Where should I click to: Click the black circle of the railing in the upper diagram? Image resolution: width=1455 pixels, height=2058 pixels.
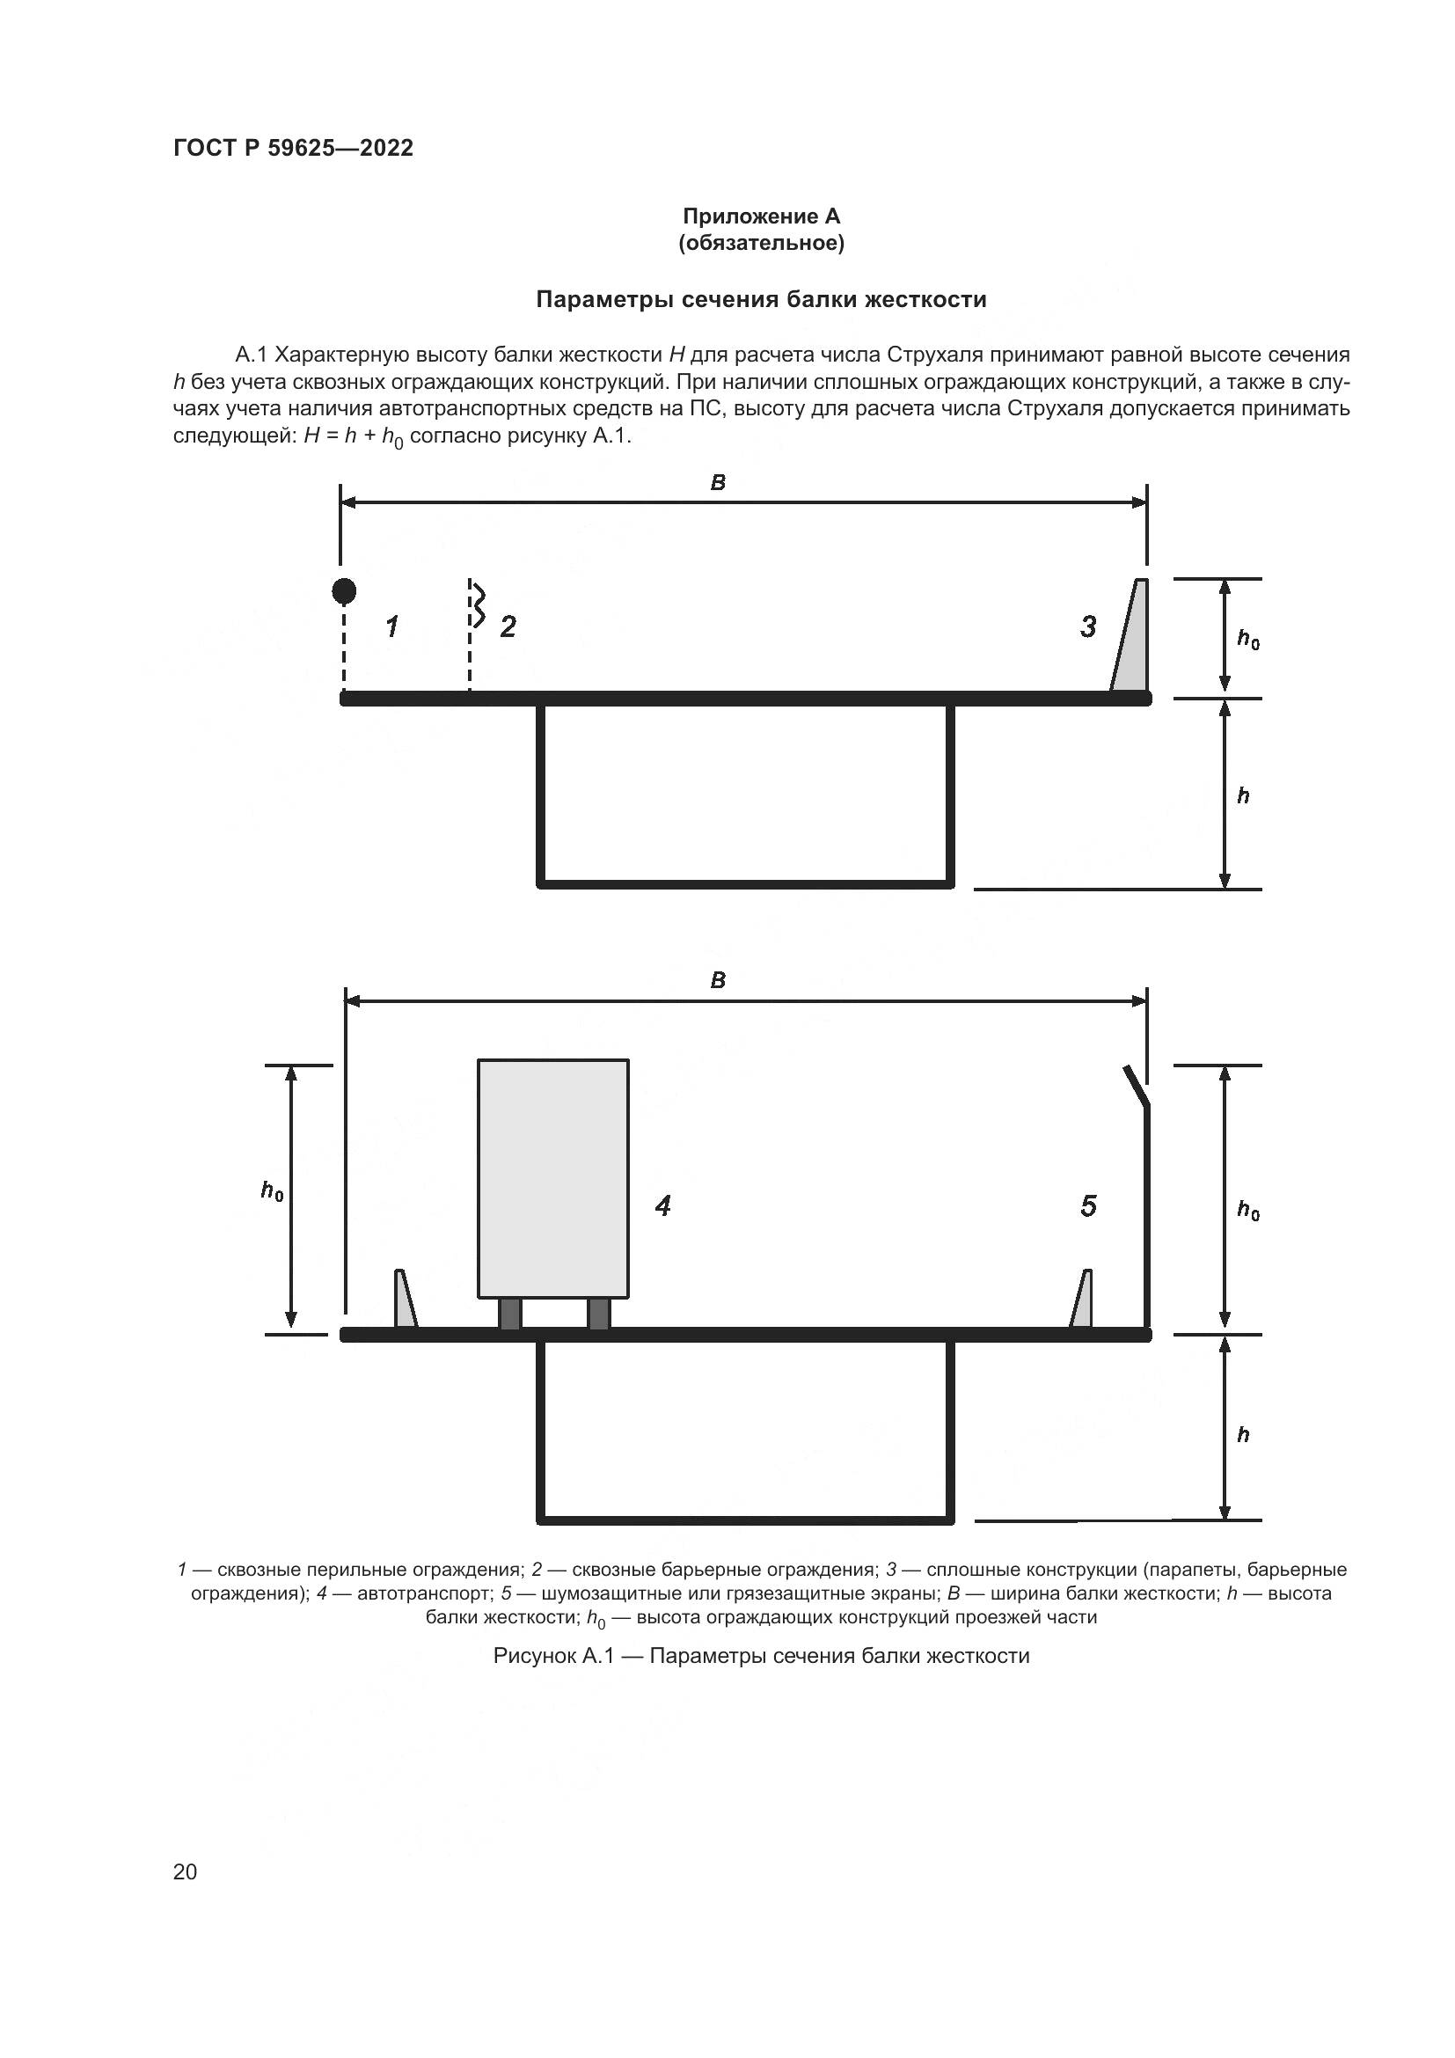pyautogui.click(x=344, y=590)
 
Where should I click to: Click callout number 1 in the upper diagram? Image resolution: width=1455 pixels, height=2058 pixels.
pyautogui.click(x=391, y=626)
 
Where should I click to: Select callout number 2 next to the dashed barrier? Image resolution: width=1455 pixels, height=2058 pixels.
pyautogui.click(x=508, y=626)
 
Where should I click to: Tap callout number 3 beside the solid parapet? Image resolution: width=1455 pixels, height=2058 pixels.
pyautogui.click(x=1087, y=626)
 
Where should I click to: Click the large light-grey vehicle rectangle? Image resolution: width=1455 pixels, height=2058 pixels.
pyautogui.click(x=552, y=1178)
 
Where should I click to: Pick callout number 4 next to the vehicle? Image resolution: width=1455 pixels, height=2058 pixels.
pyautogui.click(x=662, y=1206)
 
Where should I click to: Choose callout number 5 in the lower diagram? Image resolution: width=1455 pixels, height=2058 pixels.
pyautogui.click(x=1087, y=1206)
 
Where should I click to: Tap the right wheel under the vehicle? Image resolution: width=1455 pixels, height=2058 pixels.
pyautogui.click(x=598, y=1313)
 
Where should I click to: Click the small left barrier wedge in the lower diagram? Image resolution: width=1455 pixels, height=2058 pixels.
pyautogui.click(x=404, y=1301)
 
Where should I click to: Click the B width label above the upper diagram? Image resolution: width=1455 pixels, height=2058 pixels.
pyautogui.click(x=718, y=483)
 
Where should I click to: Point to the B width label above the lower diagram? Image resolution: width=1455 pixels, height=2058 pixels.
pyautogui.click(x=718, y=980)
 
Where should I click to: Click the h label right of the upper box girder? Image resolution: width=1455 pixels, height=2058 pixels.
pyautogui.click(x=1244, y=796)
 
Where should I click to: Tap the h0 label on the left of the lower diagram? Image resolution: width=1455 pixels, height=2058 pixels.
pyautogui.click(x=272, y=1191)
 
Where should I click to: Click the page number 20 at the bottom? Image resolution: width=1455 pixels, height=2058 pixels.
pyautogui.click(x=185, y=1871)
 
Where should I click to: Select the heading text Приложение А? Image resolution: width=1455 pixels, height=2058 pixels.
pyautogui.click(x=762, y=216)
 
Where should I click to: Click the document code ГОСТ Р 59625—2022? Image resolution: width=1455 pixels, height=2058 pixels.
pyautogui.click(x=293, y=148)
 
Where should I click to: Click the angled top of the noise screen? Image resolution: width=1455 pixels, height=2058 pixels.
pyautogui.click(x=1136, y=1086)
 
